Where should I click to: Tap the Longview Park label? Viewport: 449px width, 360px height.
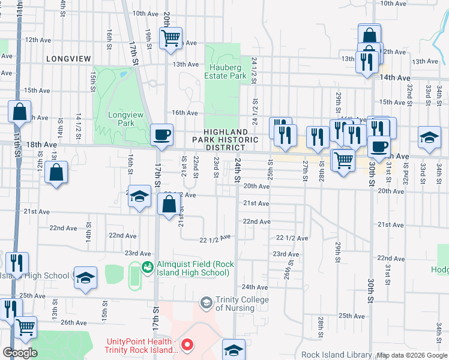point(121,119)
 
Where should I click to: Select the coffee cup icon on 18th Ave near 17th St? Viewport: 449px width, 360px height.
point(161,134)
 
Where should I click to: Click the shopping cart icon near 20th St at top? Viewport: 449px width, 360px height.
point(170,38)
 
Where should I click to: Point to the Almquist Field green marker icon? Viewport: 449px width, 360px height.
point(146,266)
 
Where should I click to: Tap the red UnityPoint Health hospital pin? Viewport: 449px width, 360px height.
point(187,344)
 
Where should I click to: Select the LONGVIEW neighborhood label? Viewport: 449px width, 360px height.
point(68,59)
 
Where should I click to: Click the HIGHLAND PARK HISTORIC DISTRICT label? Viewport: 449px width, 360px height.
point(226,140)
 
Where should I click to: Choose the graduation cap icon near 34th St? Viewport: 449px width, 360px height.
point(430,139)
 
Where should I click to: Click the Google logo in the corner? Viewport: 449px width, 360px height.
point(20,353)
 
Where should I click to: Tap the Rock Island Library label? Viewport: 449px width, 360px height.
point(336,355)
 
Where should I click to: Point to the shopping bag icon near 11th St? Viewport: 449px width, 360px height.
point(20,111)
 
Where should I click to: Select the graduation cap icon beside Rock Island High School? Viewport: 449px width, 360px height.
point(85,277)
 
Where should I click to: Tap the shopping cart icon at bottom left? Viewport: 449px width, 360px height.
point(26,327)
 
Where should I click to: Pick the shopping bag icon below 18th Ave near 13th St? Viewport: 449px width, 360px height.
point(56,172)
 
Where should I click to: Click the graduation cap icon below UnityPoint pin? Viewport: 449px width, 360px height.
point(234,350)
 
